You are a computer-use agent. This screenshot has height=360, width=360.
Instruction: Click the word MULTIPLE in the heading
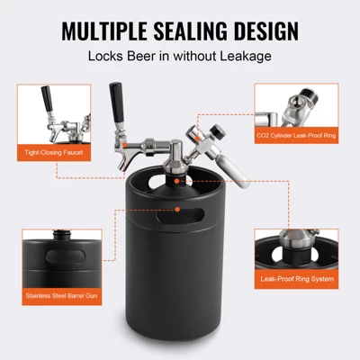point(104,31)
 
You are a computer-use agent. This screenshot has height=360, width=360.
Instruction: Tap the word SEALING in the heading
point(190,31)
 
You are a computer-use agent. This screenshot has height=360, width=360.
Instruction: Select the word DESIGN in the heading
point(266,31)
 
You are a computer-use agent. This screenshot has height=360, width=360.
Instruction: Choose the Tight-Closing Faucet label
point(54,153)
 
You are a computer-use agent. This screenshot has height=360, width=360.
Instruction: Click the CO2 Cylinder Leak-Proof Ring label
point(296,135)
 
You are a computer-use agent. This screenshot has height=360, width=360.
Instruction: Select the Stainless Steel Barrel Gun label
point(61,296)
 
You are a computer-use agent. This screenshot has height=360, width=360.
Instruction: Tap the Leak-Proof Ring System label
point(297,279)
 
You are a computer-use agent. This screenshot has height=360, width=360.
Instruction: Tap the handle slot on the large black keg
point(180,216)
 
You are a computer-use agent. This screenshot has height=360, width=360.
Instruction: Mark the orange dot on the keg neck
point(176,181)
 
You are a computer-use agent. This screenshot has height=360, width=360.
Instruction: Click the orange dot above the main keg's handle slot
point(177,209)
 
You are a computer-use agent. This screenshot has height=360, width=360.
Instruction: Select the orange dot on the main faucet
point(124,146)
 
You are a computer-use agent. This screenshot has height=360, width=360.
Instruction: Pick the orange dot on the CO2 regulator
point(197,138)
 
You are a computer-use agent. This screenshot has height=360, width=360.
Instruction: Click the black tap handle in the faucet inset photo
point(47,98)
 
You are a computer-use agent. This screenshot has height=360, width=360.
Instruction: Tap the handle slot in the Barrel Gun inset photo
point(66,256)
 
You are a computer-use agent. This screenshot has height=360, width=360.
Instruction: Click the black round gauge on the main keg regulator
point(218,131)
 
